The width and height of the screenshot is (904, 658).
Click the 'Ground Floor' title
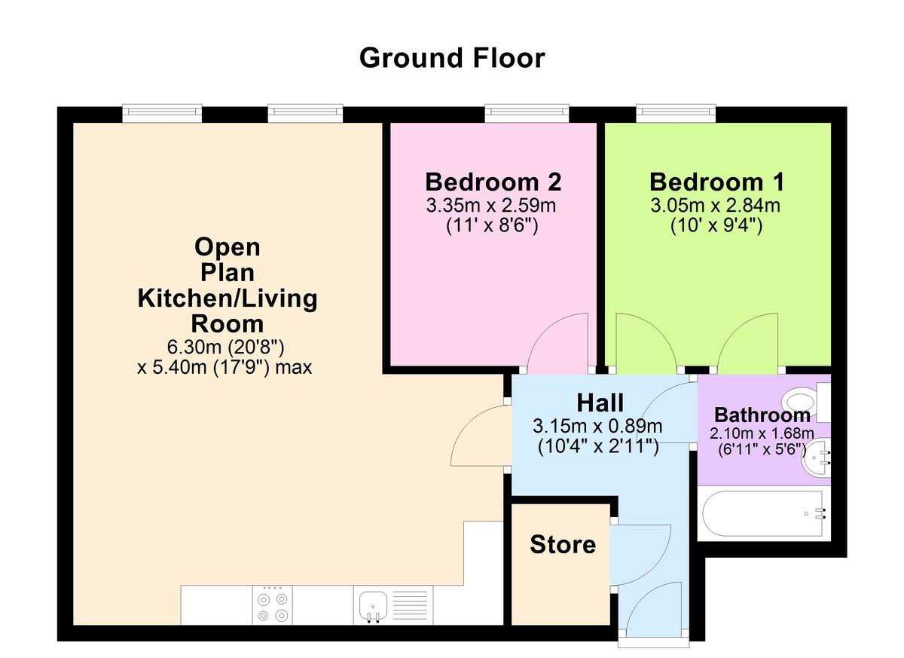452,59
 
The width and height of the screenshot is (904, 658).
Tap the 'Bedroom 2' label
493,182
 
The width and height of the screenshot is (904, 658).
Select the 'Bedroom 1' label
716,182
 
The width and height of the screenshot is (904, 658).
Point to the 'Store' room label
563,545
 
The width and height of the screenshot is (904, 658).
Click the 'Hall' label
600,403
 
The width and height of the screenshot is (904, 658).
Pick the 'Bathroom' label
762,415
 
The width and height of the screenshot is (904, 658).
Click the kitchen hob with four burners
273,604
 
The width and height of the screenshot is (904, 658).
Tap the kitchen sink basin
374,604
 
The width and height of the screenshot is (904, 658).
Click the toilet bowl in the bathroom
799,402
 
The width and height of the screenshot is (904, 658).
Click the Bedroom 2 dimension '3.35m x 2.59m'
490,206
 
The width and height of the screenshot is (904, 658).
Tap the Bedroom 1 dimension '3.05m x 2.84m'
715,206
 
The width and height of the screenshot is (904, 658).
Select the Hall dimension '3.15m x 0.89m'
597,427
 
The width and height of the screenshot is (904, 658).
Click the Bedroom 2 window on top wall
527,113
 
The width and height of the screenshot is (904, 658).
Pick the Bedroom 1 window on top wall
676,113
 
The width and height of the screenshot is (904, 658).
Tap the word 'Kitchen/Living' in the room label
228,299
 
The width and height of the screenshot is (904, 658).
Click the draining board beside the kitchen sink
410,604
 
